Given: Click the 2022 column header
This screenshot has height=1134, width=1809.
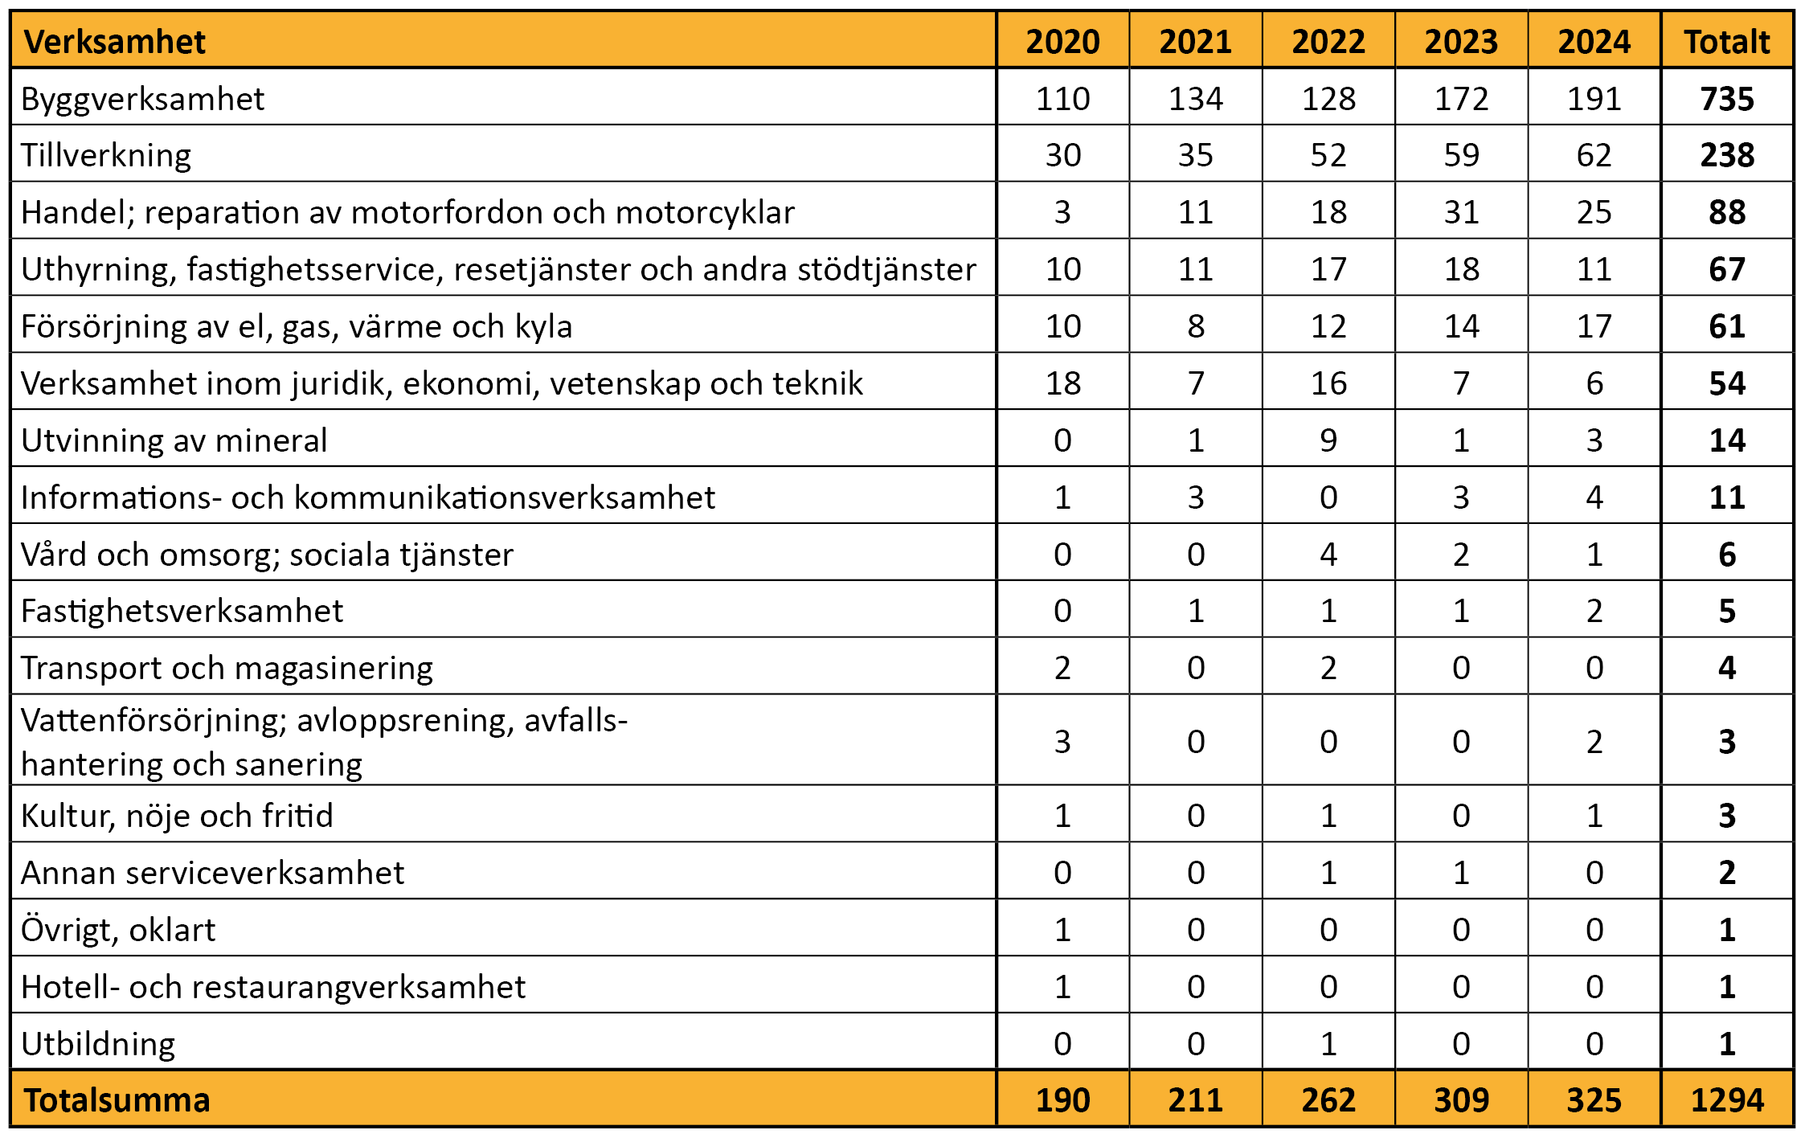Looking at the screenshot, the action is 1328,42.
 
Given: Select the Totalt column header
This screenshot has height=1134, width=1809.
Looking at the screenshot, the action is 1727,42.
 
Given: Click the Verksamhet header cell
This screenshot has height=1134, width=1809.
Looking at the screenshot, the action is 115,42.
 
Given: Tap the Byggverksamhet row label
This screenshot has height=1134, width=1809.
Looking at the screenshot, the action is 142,100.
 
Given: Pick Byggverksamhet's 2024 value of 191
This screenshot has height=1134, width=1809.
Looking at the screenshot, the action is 1594,99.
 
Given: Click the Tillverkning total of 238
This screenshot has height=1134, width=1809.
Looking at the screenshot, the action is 1727,155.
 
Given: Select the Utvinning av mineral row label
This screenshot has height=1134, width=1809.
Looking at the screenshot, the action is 174,440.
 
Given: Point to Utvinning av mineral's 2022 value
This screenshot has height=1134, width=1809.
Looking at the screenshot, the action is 1328,440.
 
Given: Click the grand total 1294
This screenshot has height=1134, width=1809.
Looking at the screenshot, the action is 1727,1099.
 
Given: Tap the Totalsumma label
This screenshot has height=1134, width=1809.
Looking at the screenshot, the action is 117,1099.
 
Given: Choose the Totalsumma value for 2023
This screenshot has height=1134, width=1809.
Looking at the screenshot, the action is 1462,1099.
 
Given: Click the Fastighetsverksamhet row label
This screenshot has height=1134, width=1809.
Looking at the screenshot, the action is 182,612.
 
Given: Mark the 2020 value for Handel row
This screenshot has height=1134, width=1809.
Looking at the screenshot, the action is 1062,212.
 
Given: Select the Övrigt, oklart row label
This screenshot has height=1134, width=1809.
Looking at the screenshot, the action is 118,930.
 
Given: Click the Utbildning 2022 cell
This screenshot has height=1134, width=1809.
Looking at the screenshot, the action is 1328,1044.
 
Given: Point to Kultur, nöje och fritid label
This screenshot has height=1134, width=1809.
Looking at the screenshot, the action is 177,816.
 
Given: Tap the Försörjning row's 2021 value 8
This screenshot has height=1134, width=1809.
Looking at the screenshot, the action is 1196,326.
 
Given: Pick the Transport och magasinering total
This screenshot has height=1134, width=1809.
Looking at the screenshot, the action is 1727,668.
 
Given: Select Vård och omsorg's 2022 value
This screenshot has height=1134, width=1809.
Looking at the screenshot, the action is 1328,555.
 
